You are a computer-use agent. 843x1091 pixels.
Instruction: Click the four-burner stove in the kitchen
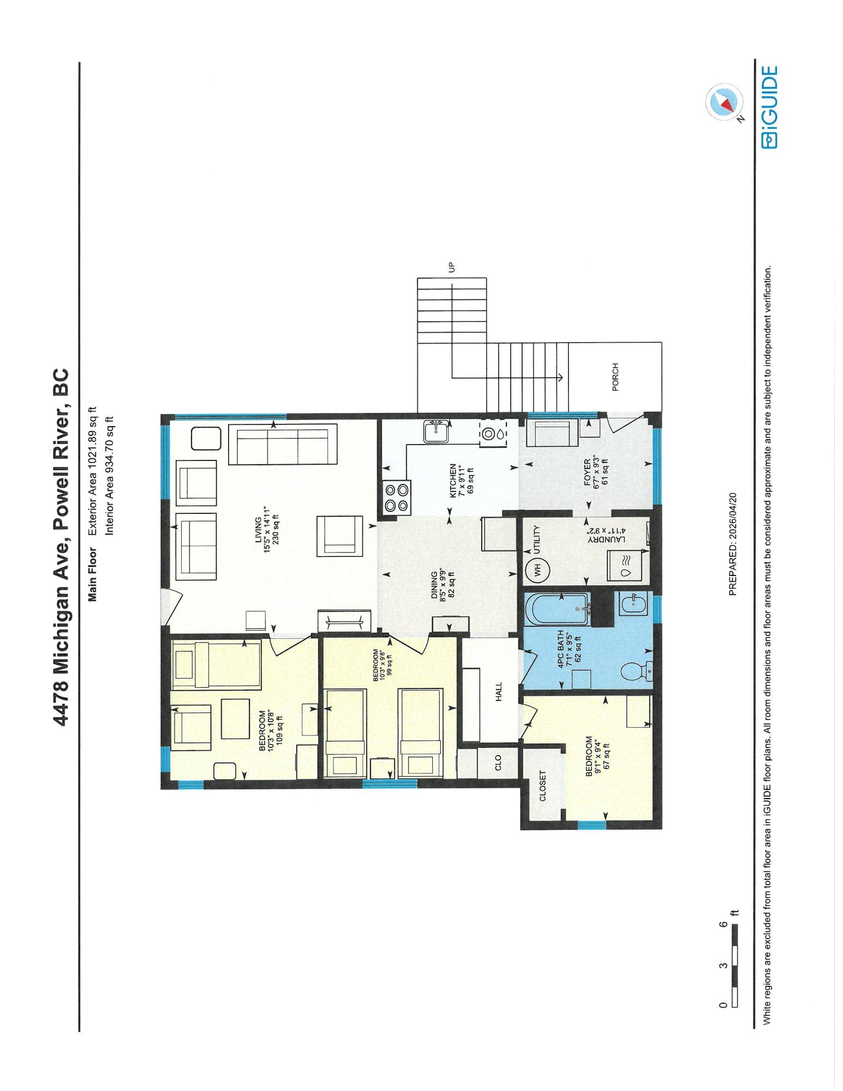point(397,497)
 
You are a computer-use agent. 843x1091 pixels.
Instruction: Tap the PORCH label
point(615,377)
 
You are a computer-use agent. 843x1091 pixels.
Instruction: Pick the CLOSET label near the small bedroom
point(543,786)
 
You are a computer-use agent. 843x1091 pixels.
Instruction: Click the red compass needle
point(726,102)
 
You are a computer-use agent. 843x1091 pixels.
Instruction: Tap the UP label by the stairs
point(451,267)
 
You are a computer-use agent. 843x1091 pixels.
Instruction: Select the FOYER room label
point(587,473)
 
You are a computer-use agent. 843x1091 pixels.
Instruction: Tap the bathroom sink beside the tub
point(632,603)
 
